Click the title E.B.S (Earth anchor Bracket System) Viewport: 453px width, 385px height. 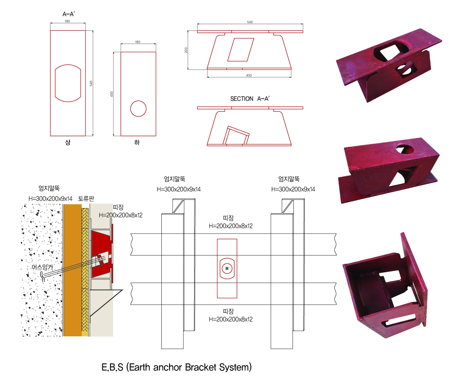pyautogui.click(x=176, y=368)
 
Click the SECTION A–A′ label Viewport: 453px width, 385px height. pyautogui.click(x=250, y=99)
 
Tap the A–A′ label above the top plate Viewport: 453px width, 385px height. pyautogui.click(x=69, y=14)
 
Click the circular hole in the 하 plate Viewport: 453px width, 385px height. pyautogui.click(x=138, y=108)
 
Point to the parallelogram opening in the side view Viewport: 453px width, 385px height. pyautogui.click(x=241, y=49)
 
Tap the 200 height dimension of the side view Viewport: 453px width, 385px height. pyautogui.click(x=186, y=50)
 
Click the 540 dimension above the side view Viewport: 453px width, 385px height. pyautogui.click(x=250, y=22)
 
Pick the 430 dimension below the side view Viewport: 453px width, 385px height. pyautogui.click(x=249, y=76)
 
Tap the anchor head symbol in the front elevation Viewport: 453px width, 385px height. pyautogui.click(x=226, y=268)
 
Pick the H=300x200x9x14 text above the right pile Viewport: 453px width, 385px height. pyautogui.click(x=293, y=189)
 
